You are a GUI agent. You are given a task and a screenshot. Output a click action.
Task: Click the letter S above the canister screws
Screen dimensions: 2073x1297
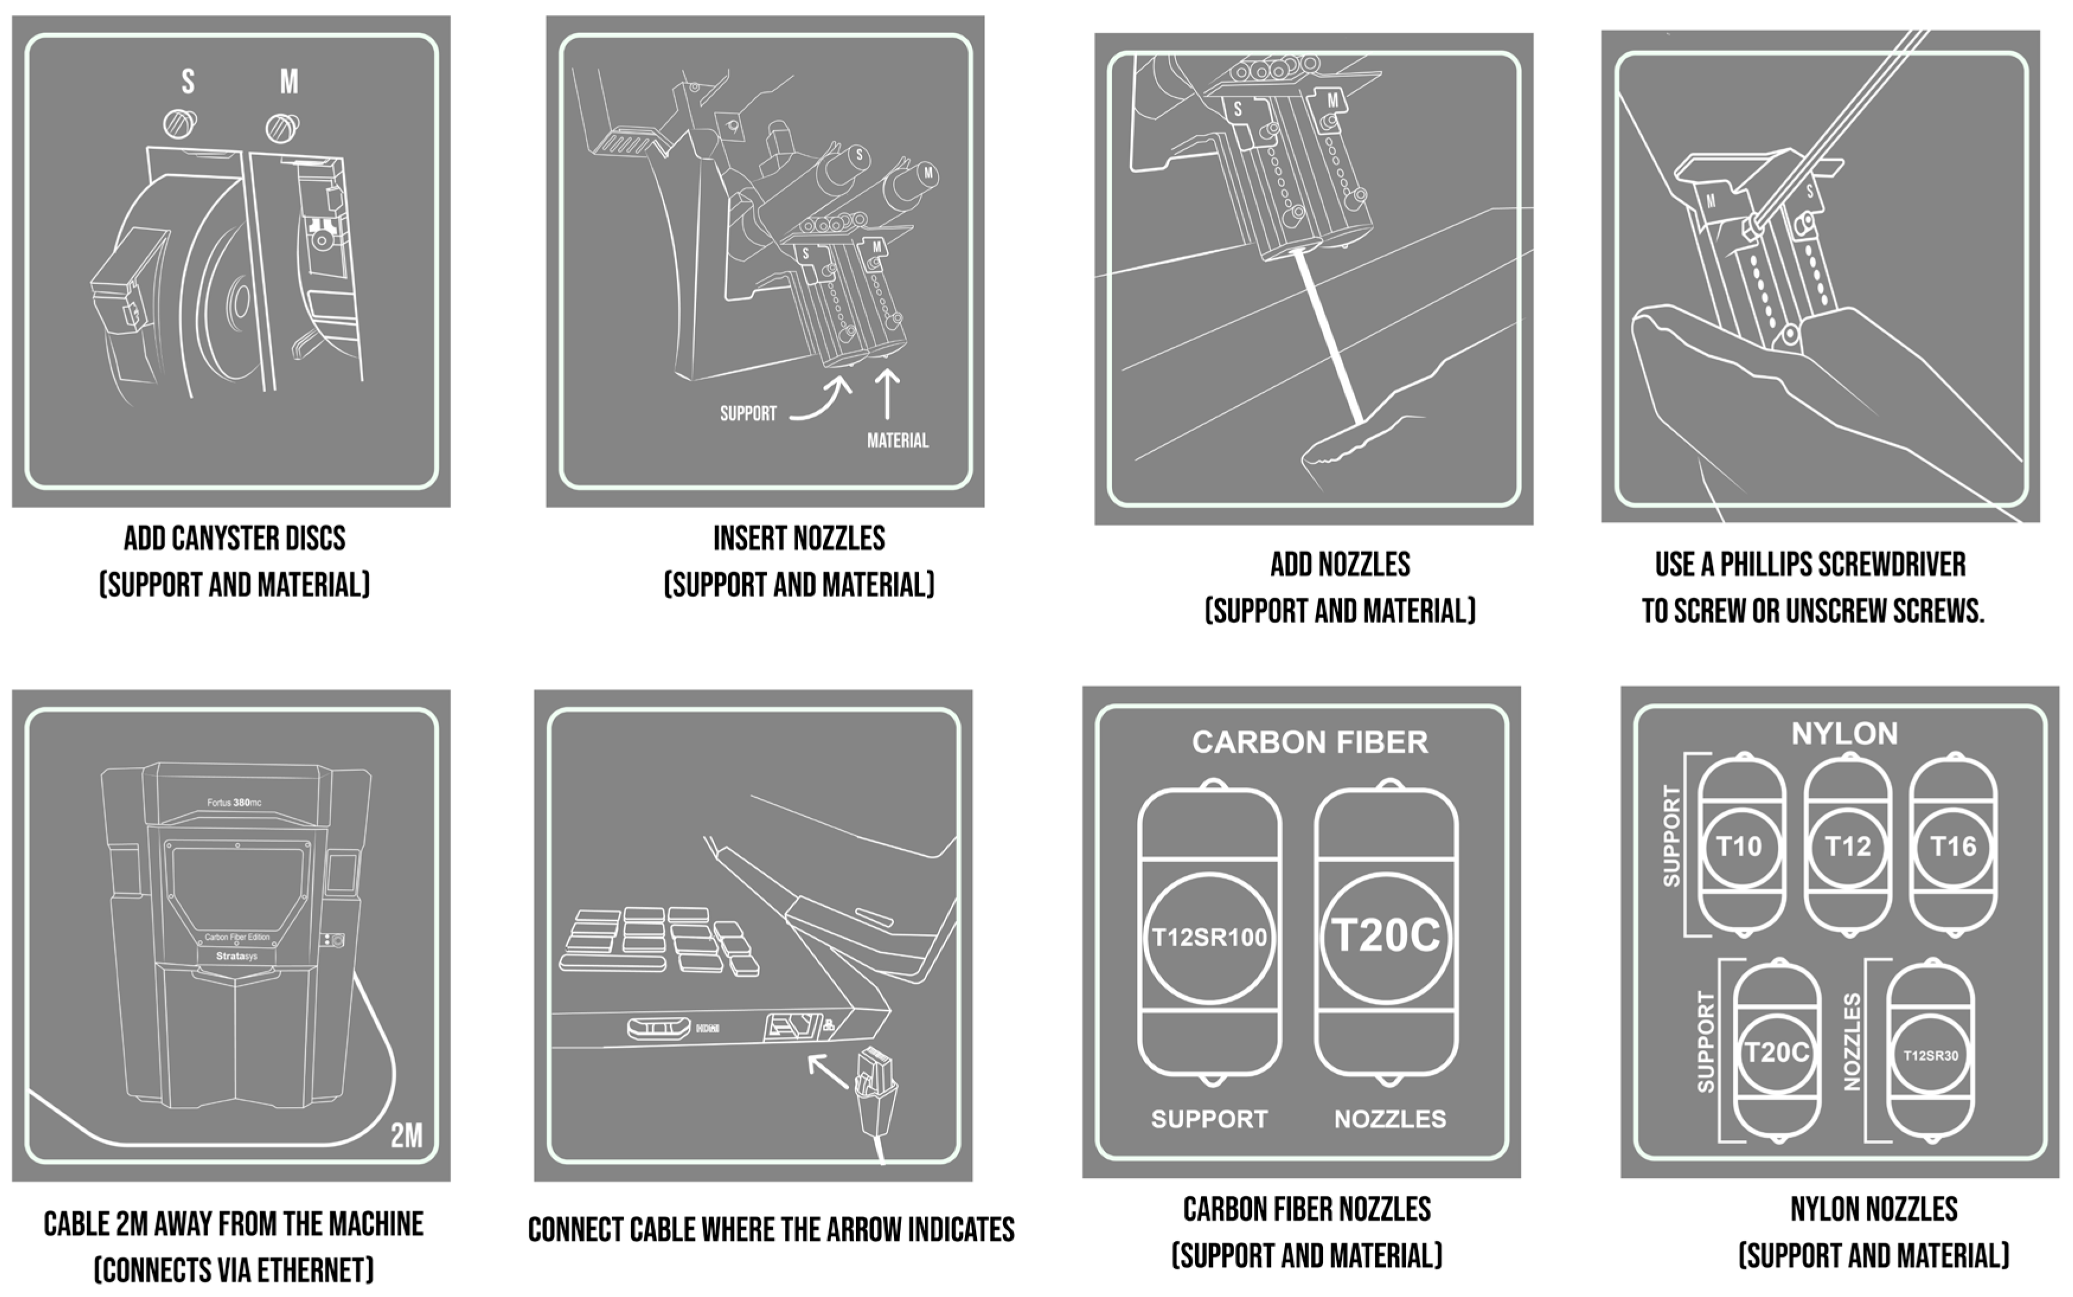click(x=188, y=82)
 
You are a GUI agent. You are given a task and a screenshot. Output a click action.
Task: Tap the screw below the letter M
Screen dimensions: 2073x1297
click(x=281, y=129)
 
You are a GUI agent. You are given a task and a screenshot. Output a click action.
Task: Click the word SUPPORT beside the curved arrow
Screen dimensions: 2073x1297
click(x=748, y=413)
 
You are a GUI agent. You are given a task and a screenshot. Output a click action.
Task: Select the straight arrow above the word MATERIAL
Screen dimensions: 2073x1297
click(x=887, y=394)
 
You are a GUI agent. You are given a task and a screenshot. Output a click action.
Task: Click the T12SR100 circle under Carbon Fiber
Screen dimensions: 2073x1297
click(x=1209, y=938)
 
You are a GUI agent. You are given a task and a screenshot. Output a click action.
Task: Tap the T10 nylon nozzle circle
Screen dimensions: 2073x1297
click(x=1740, y=847)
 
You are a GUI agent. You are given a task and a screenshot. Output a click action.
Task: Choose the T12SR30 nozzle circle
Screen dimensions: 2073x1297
click(x=1931, y=1056)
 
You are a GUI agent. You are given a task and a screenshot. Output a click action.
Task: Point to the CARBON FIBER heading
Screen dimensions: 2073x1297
click(x=1310, y=742)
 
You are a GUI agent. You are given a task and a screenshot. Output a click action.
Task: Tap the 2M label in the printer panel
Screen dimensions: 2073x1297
click(x=406, y=1136)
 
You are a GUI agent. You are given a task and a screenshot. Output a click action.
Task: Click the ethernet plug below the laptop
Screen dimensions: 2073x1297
click(x=876, y=1094)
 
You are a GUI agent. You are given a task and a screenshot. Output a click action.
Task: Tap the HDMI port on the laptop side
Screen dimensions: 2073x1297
click(x=659, y=1027)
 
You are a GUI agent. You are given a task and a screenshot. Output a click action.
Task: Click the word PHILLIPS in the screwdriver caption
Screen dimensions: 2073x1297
click(x=1767, y=564)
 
